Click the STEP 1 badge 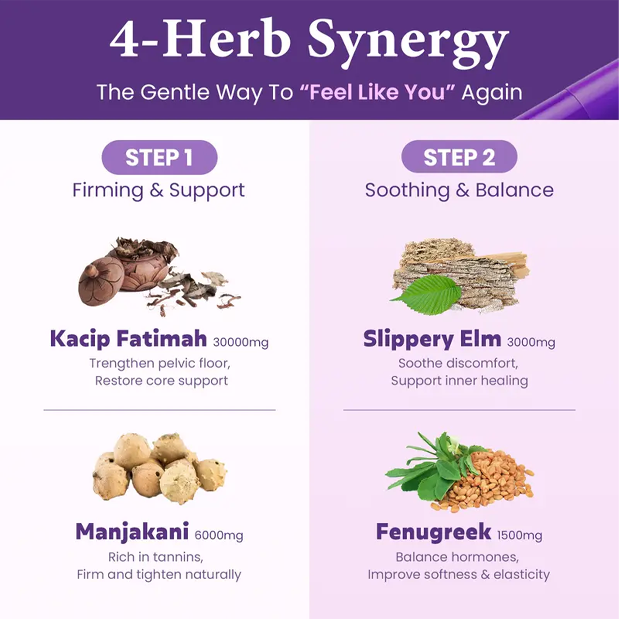[x=159, y=157]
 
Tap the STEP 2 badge [x=459, y=157]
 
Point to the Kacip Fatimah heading [x=128, y=339]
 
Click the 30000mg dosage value [x=241, y=342]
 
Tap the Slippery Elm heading [x=432, y=339]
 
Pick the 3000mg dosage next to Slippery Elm [x=531, y=342]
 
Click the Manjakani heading [x=132, y=532]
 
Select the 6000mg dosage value [x=219, y=535]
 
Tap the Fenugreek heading [x=434, y=532]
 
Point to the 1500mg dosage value [x=519, y=535]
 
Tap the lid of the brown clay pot [x=100, y=281]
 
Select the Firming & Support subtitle [x=158, y=191]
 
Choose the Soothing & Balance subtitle [x=459, y=190]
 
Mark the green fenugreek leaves [x=434, y=466]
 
